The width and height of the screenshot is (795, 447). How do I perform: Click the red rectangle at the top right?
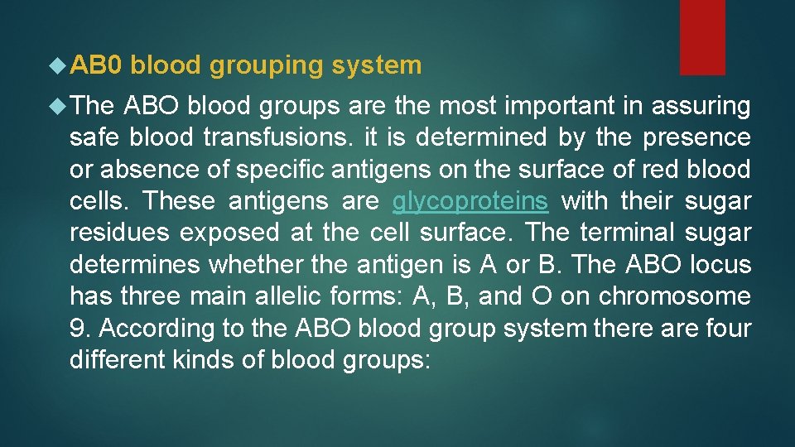[x=702, y=37]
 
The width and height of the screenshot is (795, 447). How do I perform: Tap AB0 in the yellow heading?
[x=97, y=65]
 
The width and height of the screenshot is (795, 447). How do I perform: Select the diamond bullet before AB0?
[x=58, y=65]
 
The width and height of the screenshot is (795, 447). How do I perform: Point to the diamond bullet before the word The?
[x=58, y=107]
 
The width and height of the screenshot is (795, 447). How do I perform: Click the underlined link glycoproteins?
[x=470, y=201]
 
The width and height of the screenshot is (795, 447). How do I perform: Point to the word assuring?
[x=703, y=107]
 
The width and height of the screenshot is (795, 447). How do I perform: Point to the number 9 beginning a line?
[x=78, y=329]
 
